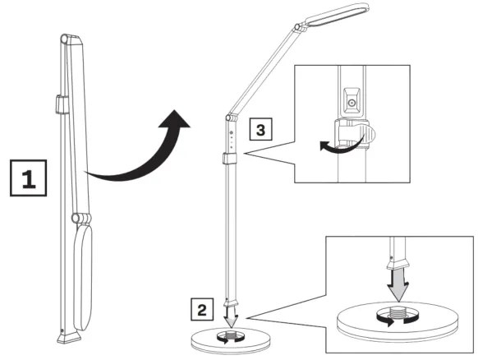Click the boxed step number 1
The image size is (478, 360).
[x=27, y=178]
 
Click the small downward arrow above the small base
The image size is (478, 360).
[x=231, y=319]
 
